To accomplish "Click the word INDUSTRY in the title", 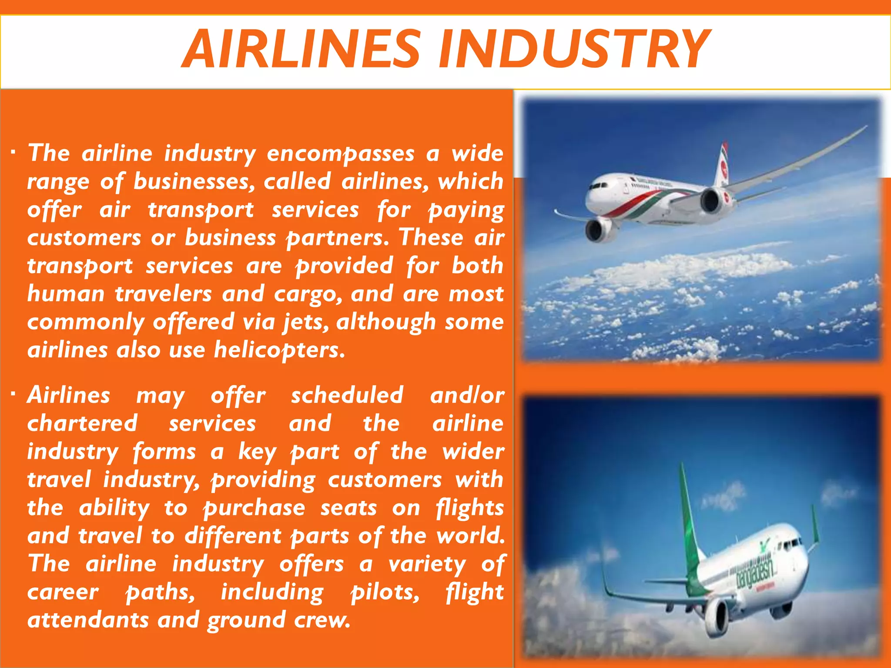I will (575, 49).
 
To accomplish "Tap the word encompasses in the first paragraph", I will (340, 154).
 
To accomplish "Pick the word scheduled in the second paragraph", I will (347, 395).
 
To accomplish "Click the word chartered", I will (82, 424).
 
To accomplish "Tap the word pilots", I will (385, 592).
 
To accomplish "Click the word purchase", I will (254, 508).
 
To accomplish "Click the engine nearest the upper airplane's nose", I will (599, 229).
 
